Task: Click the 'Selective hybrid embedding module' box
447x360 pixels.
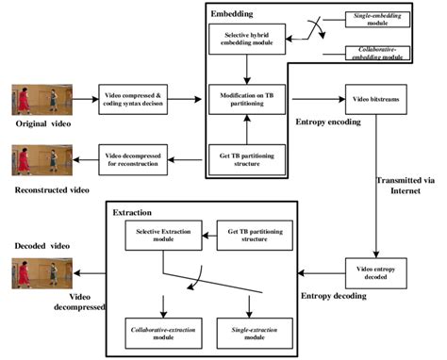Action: [x=245, y=39]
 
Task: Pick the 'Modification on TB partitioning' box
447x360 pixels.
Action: [x=245, y=96]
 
